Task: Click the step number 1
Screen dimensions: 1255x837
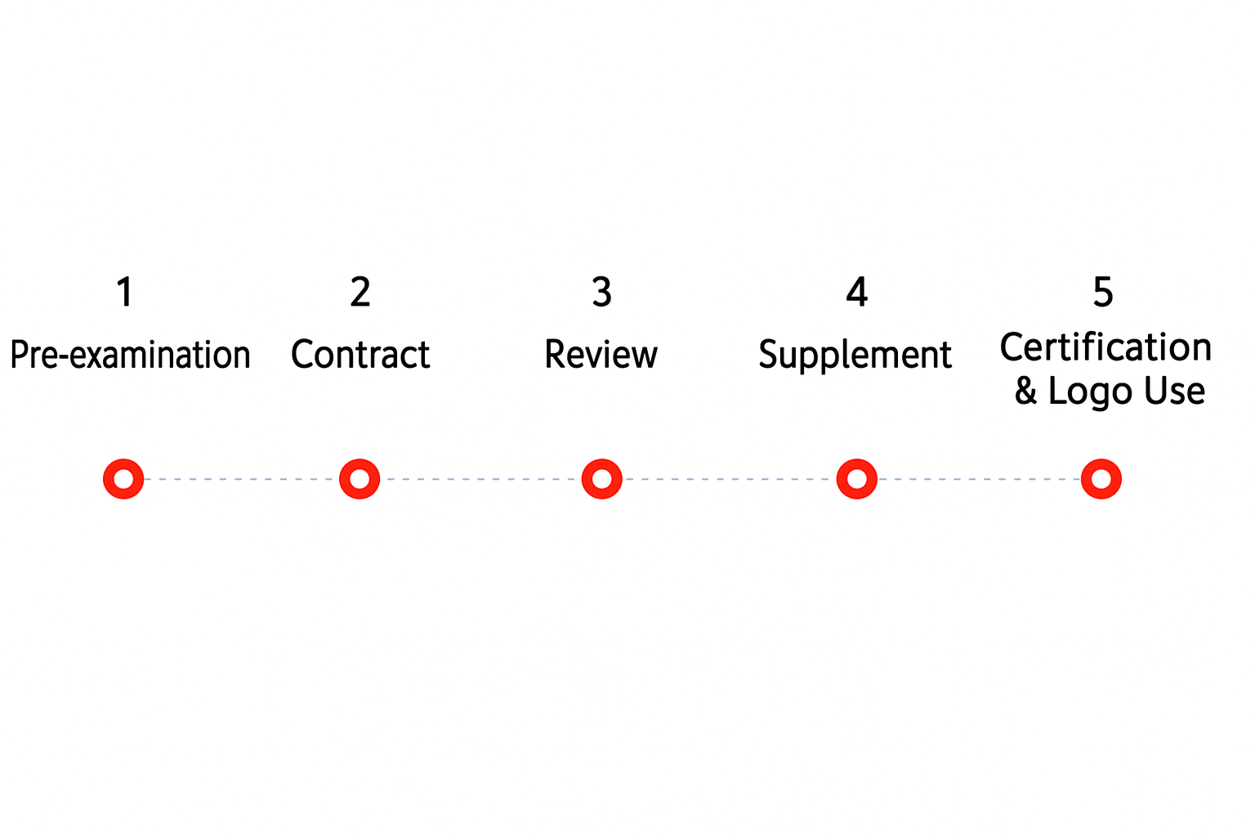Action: point(125,292)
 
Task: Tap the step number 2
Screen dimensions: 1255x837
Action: point(360,292)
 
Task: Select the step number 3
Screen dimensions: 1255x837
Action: point(601,292)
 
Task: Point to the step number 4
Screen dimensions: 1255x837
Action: point(856,292)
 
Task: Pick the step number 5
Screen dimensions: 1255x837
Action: point(1102,292)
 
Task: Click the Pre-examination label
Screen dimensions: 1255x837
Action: point(130,354)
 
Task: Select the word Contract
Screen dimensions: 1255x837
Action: point(360,354)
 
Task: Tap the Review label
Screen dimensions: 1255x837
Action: point(601,354)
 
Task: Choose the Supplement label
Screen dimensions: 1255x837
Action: point(855,356)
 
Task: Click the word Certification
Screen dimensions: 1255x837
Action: point(1105,347)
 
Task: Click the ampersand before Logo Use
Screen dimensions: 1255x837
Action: point(1026,390)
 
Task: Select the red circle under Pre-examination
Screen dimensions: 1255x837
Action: point(123,462)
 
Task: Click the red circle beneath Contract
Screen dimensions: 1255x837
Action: point(360,462)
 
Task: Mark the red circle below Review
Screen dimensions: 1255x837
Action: point(601,462)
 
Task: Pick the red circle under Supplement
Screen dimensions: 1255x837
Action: point(856,462)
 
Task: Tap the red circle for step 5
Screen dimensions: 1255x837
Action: point(1101,462)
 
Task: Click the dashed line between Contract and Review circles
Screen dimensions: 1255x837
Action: point(480,479)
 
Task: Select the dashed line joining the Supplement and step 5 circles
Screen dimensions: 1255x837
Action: point(979,479)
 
